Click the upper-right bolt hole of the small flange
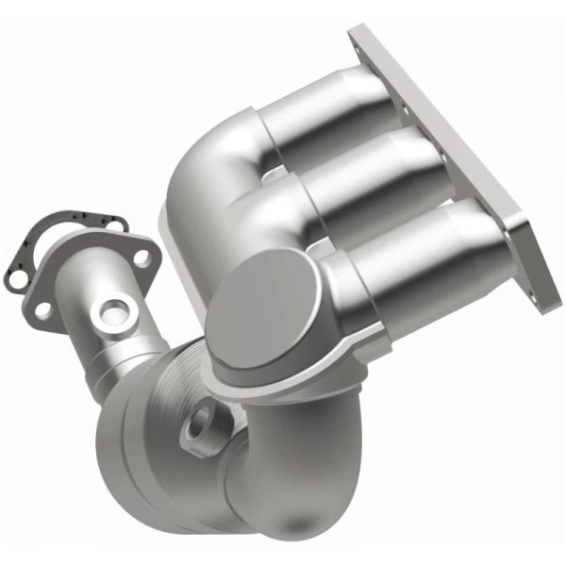click(x=141, y=257)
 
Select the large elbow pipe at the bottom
click(x=283, y=472)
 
